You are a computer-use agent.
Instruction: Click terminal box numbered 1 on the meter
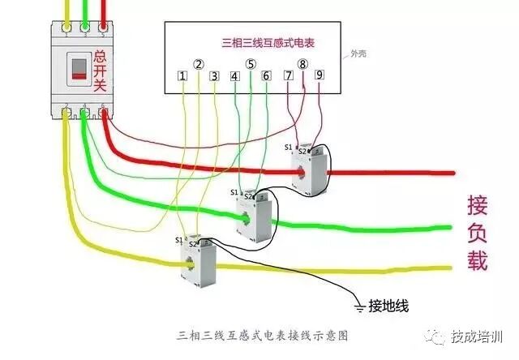point(183,76)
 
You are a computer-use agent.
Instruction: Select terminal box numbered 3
point(214,76)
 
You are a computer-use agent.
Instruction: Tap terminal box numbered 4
point(235,76)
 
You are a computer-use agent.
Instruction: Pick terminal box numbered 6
point(266,76)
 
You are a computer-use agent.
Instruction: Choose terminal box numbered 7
point(288,75)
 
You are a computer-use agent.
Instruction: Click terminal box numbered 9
point(320,75)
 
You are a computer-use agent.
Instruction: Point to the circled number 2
point(199,63)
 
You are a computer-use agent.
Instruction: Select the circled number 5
point(251,63)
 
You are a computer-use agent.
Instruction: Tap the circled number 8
point(303,63)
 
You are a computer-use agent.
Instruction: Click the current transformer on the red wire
point(311,170)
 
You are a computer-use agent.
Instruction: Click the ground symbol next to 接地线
point(358,306)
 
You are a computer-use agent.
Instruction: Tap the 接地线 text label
point(389,306)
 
